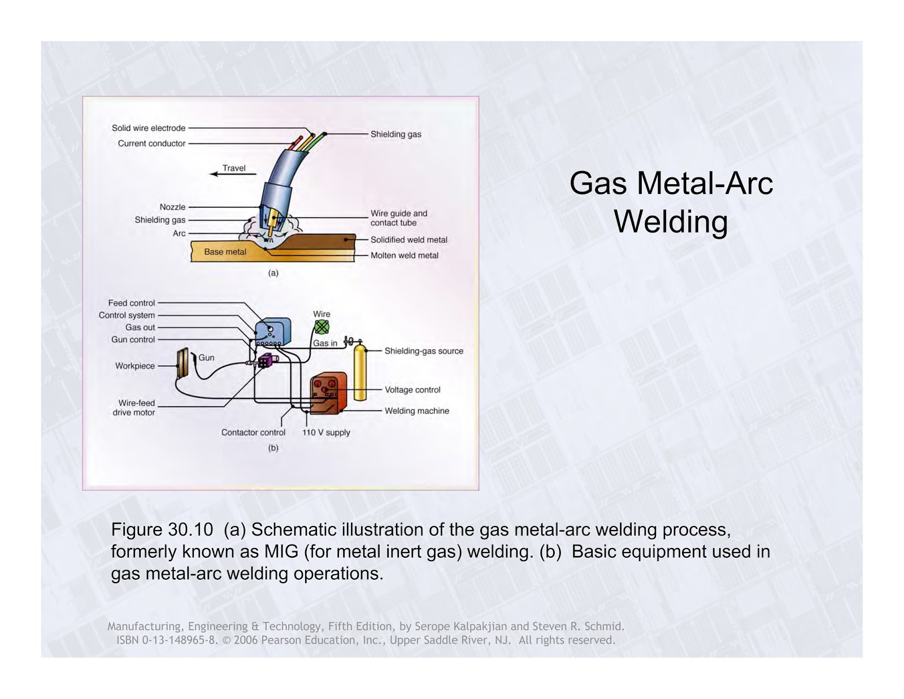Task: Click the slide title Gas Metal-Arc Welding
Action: (x=671, y=202)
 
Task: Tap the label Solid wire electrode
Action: (x=149, y=128)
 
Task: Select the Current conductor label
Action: (x=151, y=144)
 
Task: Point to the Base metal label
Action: (x=225, y=252)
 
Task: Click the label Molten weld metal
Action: (x=404, y=255)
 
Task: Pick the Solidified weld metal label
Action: (x=408, y=240)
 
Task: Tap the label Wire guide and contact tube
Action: (x=398, y=218)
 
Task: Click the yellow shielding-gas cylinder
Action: (x=359, y=373)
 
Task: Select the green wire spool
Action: (x=321, y=327)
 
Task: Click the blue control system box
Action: (x=273, y=332)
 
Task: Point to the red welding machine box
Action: (x=328, y=394)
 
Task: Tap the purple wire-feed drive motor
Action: (x=264, y=361)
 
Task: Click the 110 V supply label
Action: (x=326, y=432)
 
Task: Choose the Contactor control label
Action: (x=253, y=432)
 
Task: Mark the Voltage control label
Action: (x=412, y=390)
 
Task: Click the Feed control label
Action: (x=132, y=303)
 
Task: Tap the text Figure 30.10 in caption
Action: (x=162, y=529)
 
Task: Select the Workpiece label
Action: (x=135, y=366)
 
